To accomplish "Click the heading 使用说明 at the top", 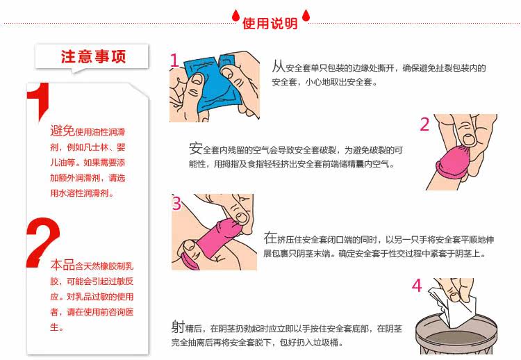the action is (270, 23).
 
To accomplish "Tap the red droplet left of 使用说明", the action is (235, 15).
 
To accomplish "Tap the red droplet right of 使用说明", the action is (306, 15).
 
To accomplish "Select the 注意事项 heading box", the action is (92, 56).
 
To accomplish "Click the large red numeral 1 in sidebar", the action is (39, 99).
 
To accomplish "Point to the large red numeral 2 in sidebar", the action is (42, 242).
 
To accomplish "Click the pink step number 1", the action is (174, 60).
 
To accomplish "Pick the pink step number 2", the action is (424, 124).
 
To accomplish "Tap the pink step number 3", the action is (176, 203).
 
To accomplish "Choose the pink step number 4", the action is (417, 286).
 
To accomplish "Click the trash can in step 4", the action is (456, 336).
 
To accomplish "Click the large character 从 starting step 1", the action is (279, 66).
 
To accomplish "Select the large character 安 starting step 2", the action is (196, 148).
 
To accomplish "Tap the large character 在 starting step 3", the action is (270, 238).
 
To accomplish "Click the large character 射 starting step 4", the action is (178, 327).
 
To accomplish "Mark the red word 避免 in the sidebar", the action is (63, 130).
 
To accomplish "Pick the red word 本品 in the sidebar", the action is (63, 265).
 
